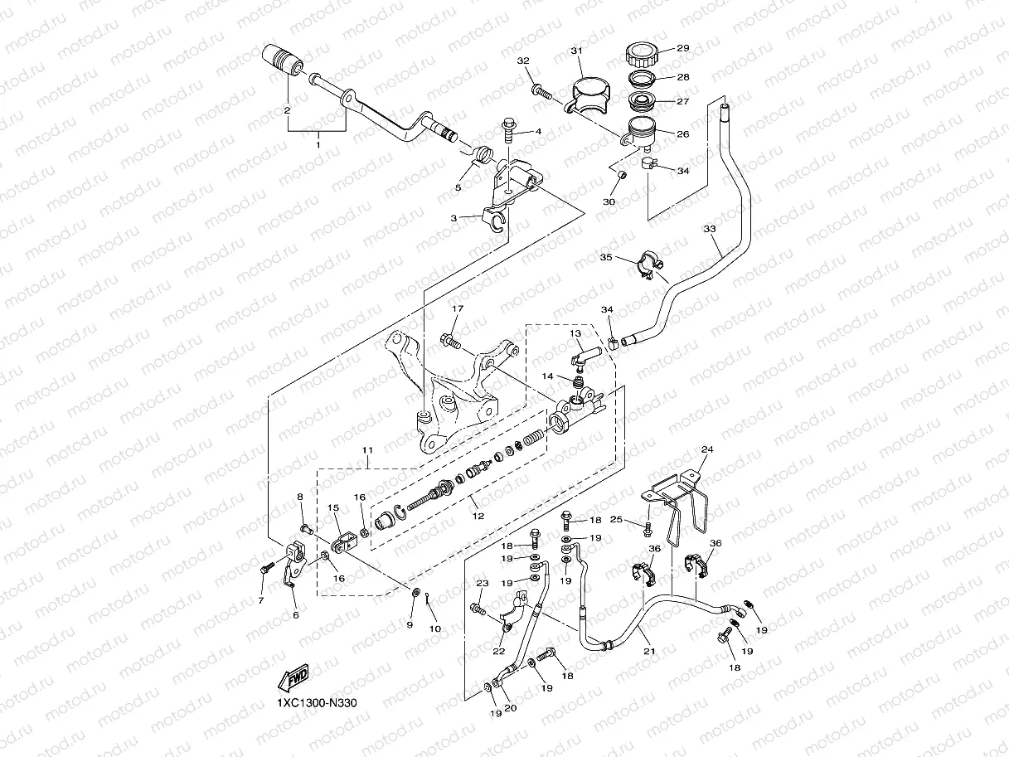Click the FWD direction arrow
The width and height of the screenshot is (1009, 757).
click(x=293, y=677)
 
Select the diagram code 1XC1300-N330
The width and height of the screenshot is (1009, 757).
click(x=317, y=703)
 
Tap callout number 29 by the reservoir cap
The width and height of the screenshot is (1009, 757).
click(x=683, y=48)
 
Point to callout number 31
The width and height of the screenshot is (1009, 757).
click(x=576, y=51)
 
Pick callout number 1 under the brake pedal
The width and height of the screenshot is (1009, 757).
click(x=318, y=145)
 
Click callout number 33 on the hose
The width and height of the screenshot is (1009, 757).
click(x=710, y=229)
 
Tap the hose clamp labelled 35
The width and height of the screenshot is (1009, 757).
click(x=648, y=265)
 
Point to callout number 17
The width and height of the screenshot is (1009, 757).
click(x=458, y=308)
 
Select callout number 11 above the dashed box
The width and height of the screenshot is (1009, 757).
click(x=366, y=450)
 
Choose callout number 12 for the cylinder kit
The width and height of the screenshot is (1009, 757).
click(x=478, y=516)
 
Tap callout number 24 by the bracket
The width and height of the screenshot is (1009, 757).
click(x=707, y=449)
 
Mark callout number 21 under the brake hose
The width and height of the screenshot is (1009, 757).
click(x=649, y=651)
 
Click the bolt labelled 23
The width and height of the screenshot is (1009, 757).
click(x=478, y=610)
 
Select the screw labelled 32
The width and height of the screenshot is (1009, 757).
click(x=541, y=91)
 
